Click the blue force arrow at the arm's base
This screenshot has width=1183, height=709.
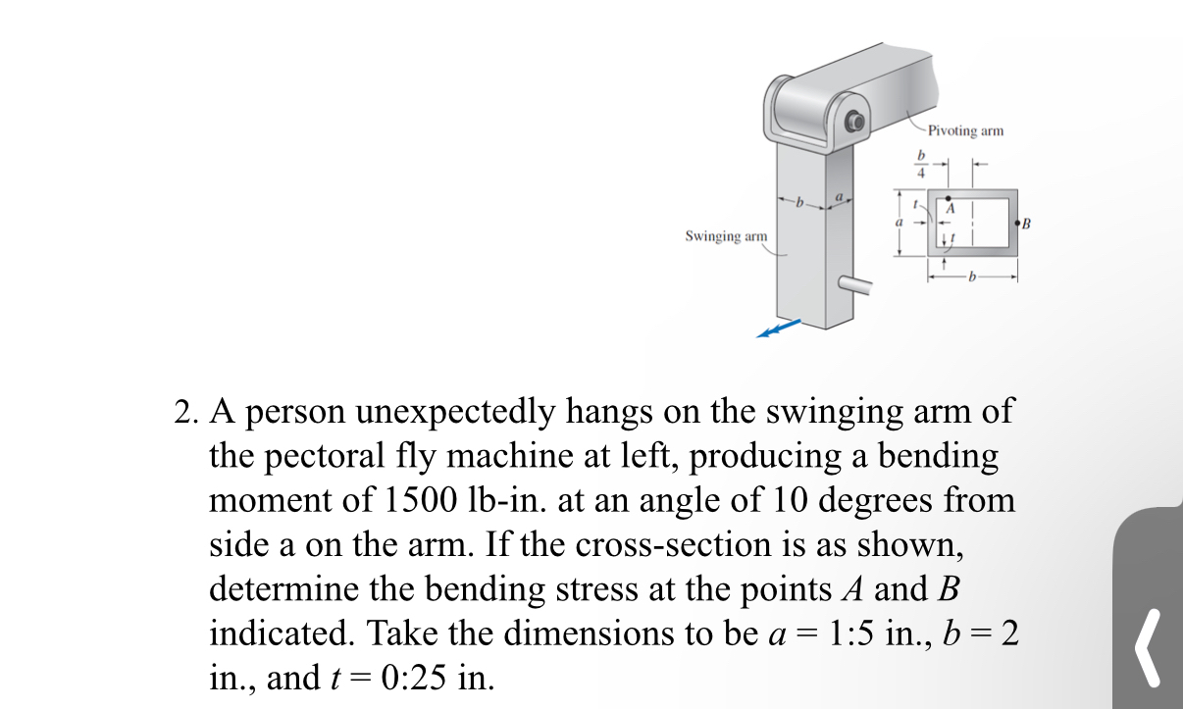779,329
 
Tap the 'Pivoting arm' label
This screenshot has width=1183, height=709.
965,130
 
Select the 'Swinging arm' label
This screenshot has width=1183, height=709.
726,236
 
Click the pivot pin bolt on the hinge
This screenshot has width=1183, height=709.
855,124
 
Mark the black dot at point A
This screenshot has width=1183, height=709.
949,199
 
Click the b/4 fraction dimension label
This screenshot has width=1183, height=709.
920,163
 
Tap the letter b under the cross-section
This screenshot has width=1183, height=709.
972,278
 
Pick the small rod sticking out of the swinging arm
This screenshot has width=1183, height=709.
857,285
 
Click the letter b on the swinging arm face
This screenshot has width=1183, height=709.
799,203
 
